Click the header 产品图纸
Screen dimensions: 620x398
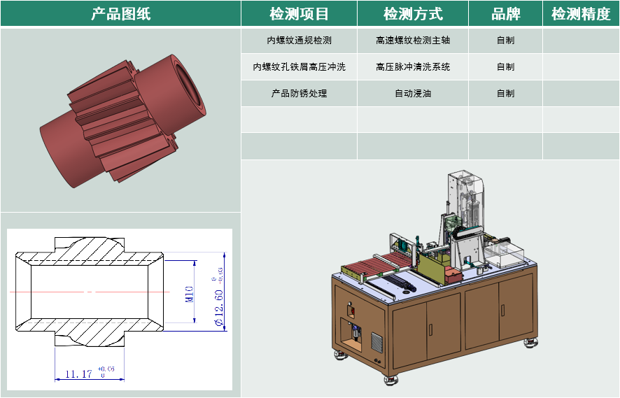tap(120, 14)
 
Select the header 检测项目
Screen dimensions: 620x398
tap(299, 14)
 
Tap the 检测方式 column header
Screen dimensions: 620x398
tap(413, 14)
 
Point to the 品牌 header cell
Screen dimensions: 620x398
tap(505, 14)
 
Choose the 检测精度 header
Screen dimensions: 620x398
tap(581, 14)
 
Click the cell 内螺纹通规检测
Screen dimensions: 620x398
tap(299, 41)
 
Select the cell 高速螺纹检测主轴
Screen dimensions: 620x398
tap(413, 41)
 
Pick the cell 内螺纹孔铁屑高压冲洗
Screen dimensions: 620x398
tap(299, 66)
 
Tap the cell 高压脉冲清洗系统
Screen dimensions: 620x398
tap(413, 66)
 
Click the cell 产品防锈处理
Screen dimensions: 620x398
tap(299, 93)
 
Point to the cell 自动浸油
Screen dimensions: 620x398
tap(413, 93)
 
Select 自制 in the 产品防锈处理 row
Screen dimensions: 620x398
tap(505, 93)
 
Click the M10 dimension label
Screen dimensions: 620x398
tap(190, 294)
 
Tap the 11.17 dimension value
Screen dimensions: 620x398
tap(78, 374)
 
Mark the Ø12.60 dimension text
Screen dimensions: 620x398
tap(218, 308)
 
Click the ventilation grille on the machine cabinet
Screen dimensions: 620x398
tap(376, 341)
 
